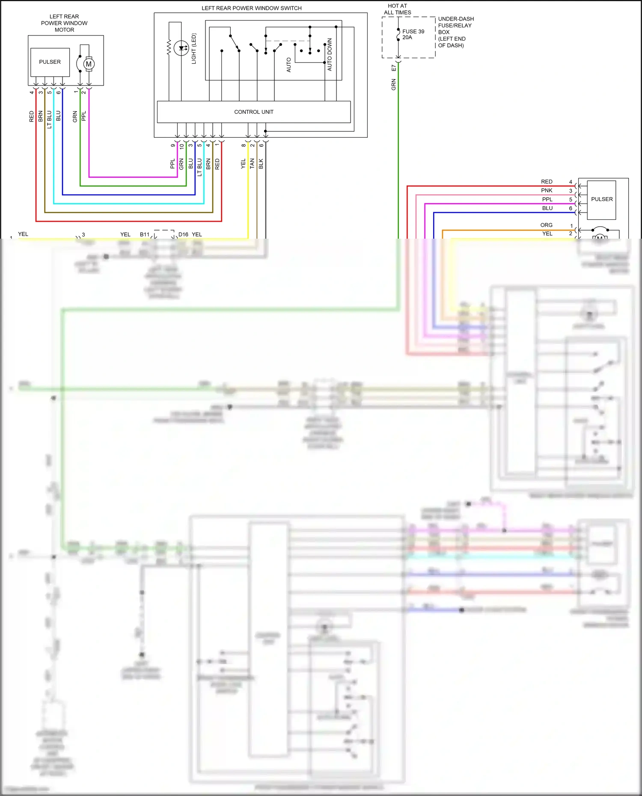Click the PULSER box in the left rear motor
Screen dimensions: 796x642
click(x=50, y=62)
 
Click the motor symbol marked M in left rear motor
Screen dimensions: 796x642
click(x=88, y=64)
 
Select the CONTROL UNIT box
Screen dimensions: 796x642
click(x=253, y=112)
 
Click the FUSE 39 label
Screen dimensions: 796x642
click(x=413, y=32)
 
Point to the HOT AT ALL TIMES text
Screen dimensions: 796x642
click(x=397, y=9)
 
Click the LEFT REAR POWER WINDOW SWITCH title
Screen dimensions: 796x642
click(x=251, y=8)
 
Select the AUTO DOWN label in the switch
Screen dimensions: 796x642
click(x=330, y=54)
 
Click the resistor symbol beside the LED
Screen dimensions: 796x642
click(x=169, y=47)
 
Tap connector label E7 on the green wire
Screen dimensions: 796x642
click(x=394, y=68)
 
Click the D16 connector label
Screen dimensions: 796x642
click(x=183, y=234)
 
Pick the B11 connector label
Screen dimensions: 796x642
click(x=144, y=234)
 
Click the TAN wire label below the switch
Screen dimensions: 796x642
click(x=252, y=163)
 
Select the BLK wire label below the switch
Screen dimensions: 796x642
click(x=261, y=163)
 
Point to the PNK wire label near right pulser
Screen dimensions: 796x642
click(x=547, y=190)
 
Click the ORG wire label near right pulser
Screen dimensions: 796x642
click(x=546, y=225)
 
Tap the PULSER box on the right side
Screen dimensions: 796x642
click(x=601, y=199)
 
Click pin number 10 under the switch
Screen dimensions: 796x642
click(x=181, y=146)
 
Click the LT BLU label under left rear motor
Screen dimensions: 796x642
click(x=49, y=119)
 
